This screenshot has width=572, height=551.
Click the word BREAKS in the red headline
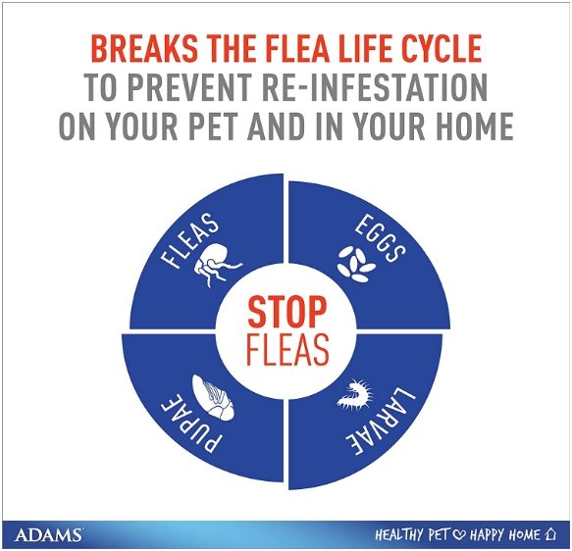pos(144,48)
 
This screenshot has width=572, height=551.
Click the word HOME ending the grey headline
pos(474,125)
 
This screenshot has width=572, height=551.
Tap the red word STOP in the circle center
pos(286,312)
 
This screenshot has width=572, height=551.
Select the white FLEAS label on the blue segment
pos(189,240)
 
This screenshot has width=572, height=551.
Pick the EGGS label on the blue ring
pos(380,237)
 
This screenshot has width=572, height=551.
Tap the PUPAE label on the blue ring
pos(190,422)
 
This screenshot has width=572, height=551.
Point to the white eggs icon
pos(355,264)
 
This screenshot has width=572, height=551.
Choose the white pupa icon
pos(214,398)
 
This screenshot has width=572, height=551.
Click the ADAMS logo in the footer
pos(48,535)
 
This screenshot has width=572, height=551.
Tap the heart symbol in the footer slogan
pos(459,535)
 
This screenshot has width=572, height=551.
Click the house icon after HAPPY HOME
pos(549,534)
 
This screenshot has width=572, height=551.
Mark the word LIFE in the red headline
pos(361,48)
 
